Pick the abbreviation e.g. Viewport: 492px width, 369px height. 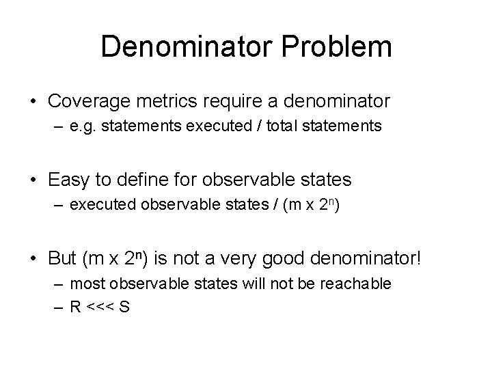(81, 126)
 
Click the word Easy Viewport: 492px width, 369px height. (68, 180)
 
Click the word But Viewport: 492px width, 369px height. (63, 259)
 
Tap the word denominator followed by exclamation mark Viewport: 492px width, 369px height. (377, 259)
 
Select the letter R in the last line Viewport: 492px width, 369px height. (75, 306)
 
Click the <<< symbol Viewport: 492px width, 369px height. (101, 307)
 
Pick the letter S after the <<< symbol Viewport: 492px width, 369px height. (126, 306)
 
